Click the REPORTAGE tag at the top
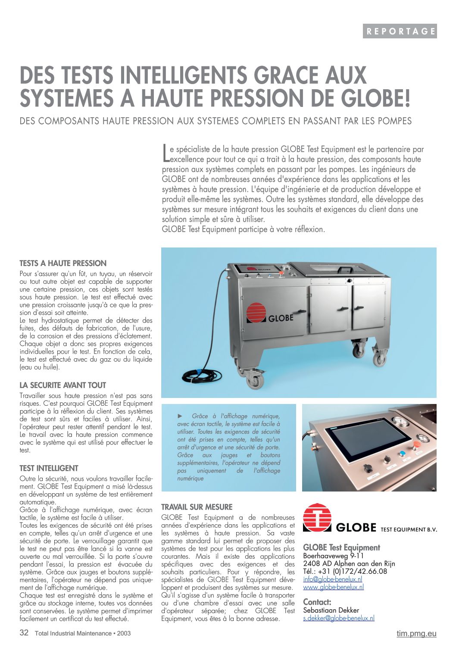(400, 31)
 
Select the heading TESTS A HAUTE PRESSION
(63, 263)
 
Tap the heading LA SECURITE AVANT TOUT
(62, 385)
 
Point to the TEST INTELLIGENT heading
(49, 468)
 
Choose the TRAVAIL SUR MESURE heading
(197, 507)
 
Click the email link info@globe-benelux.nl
(332, 579)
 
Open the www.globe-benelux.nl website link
(333, 587)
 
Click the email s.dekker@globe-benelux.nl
(338, 618)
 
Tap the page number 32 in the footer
(24, 633)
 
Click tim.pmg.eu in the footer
(416, 633)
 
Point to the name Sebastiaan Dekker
(331, 610)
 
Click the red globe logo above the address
(317, 517)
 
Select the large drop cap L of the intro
(166, 153)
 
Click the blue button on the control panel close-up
(403, 453)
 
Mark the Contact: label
(317, 602)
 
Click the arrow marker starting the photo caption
(180, 416)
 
